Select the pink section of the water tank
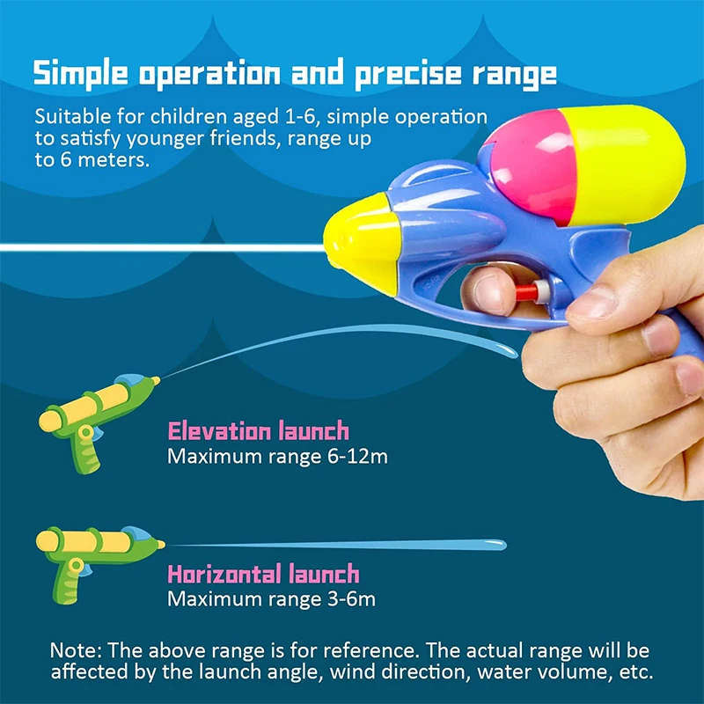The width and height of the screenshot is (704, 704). tap(534, 167)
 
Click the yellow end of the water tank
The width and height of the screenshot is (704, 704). tap(627, 165)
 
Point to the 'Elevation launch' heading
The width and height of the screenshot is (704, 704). tap(258, 430)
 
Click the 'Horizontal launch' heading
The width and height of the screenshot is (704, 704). tap(263, 574)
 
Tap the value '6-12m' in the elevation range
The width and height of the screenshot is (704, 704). tap(357, 457)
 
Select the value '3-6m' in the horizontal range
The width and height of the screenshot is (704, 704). tap(351, 599)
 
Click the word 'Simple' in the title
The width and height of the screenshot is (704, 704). tap(81, 74)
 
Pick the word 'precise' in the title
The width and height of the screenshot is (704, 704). tap(408, 74)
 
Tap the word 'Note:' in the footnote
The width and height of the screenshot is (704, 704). tap(76, 650)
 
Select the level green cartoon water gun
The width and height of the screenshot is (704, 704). tap(99, 564)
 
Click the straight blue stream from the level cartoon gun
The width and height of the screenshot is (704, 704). tap(337, 545)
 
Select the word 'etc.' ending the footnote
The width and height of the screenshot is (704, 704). tap(636, 672)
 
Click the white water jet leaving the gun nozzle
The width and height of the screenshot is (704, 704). tap(162, 247)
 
